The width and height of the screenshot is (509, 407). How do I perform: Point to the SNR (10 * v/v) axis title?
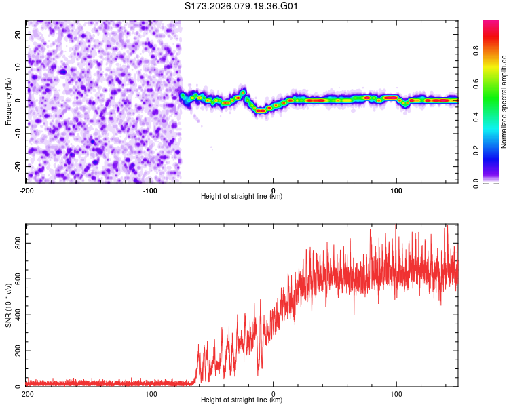pos(8,305)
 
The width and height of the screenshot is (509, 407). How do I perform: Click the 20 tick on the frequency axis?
pos(18,34)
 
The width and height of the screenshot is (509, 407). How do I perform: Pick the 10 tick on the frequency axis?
pos(18,67)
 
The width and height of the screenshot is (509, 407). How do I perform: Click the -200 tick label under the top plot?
pos(26,190)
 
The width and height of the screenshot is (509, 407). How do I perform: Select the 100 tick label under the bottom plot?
pos(396,393)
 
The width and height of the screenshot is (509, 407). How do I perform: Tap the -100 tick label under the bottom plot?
pos(150,393)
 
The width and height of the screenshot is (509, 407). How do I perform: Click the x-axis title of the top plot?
pos(242,197)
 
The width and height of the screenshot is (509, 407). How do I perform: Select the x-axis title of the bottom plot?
pos(242,400)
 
